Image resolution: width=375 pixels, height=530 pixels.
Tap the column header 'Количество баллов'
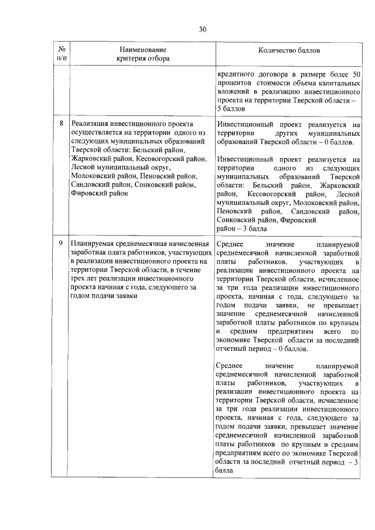tap(289, 50)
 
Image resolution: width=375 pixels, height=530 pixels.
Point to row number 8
tap(62, 125)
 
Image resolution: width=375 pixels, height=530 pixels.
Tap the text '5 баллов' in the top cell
tap(230, 109)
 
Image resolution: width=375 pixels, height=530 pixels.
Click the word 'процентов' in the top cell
tap(233, 83)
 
